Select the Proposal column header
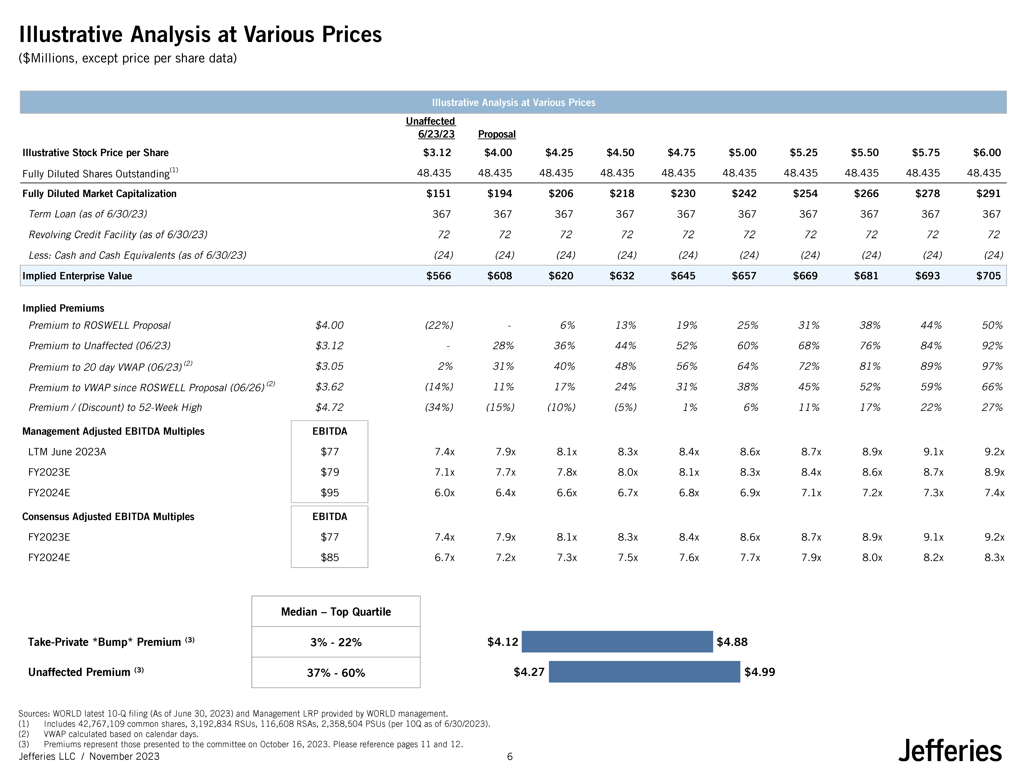click(497, 134)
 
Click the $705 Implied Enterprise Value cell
click(988, 276)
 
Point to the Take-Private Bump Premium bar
click(617, 641)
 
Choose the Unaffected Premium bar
click(644, 671)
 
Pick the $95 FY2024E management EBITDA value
click(330, 492)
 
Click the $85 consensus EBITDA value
click(330, 557)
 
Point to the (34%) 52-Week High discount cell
click(439, 407)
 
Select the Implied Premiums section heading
click(63, 308)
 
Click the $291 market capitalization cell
click(988, 194)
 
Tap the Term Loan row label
click(88, 214)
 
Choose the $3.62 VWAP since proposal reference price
click(329, 387)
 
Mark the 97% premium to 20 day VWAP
click(992, 366)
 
